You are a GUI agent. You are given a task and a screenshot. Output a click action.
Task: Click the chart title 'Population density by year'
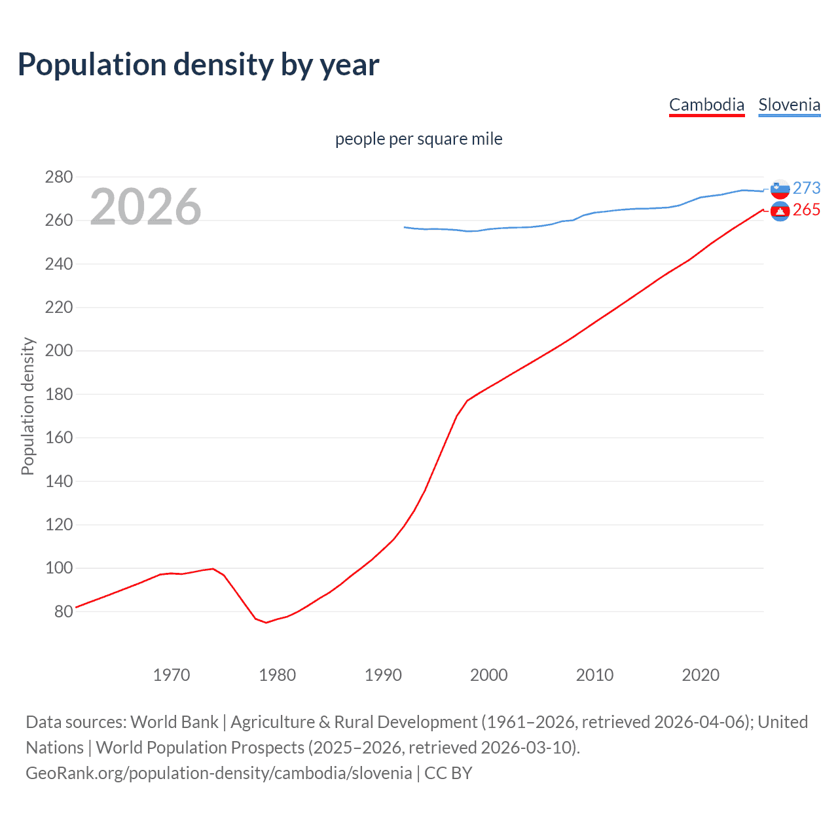click(198, 65)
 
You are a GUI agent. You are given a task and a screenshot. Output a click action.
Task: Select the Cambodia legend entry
click(706, 105)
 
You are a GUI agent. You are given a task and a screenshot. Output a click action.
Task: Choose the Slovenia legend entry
click(789, 105)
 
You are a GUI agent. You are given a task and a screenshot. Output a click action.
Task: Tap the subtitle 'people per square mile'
click(418, 139)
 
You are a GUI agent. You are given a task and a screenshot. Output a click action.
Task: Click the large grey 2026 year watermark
click(145, 207)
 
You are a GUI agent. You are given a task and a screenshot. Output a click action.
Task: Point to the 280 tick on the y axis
click(58, 177)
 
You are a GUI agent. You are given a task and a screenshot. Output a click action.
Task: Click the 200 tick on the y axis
click(58, 351)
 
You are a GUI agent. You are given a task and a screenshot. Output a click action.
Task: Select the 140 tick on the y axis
click(58, 481)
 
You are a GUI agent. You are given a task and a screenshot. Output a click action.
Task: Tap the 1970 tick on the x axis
click(172, 675)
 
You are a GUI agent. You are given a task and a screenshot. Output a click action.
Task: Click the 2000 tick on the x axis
click(489, 675)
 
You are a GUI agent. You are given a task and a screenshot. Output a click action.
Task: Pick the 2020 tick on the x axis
click(701, 675)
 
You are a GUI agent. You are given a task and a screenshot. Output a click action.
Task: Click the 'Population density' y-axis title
click(27, 406)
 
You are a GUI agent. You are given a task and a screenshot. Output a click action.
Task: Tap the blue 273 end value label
click(807, 188)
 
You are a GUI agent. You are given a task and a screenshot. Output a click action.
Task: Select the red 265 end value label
click(807, 209)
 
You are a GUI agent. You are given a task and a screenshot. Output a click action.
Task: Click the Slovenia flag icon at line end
click(780, 189)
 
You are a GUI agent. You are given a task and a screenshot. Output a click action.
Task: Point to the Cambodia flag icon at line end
click(780, 211)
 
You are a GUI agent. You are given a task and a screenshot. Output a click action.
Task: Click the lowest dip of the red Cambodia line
click(266, 622)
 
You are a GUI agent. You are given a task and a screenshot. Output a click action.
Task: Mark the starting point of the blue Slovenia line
click(405, 227)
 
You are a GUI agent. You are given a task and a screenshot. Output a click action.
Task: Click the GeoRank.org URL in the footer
click(219, 773)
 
